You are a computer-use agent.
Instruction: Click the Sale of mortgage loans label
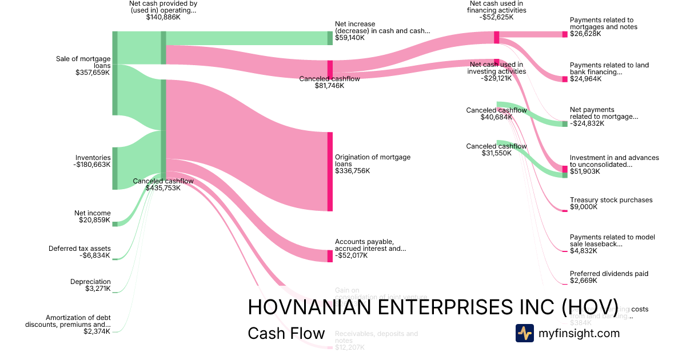pyautogui.click(x=83, y=62)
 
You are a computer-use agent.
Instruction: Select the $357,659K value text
pyautogui.click(x=93, y=73)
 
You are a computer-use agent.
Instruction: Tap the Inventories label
pyautogui.click(x=93, y=157)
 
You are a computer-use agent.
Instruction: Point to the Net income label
pyautogui.click(x=93, y=213)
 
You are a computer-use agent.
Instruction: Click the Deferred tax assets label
pyautogui.click(x=79, y=249)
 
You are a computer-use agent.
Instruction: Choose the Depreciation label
pyautogui.click(x=90, y=282)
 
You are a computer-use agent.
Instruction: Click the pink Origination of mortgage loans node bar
pyautogui.click(x=330, y=171)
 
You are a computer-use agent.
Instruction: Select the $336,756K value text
pyautogui.click(x=352, y=170)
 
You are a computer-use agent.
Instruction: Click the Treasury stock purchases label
pyautogui.click(x=611, y=200)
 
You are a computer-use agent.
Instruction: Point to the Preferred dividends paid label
pyautogui.click(x=609, y=274)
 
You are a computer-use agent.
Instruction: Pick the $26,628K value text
pyautogui.click(x=585, y=34)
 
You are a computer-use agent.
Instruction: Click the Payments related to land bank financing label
pyautogui.click(x=609, y=69)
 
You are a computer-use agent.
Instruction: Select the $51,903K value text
pyautogui.click(x=586, y=172)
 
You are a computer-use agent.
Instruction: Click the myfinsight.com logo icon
pyautogui.click(x=524, y=333)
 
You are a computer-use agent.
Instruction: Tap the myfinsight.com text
pyautogui.click(x=579, y=333)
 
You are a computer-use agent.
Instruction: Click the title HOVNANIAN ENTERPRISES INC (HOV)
pyautogui.click(x=433, y=307)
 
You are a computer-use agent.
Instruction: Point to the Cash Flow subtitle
pyautogui.click(x=286, y=334)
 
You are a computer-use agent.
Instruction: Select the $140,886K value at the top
pyautogui.click(x=163, y=18)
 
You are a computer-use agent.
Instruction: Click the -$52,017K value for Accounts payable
pyautogui.click(x=351, y=255)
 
